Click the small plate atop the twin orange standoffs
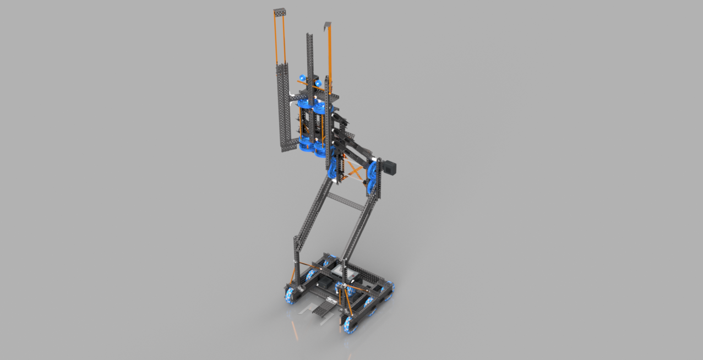click(280, 12)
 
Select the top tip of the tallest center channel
click(309, 36)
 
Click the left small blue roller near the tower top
click(302, 78)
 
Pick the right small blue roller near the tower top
click(318, 83)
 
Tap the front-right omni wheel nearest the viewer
click(350, 324)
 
